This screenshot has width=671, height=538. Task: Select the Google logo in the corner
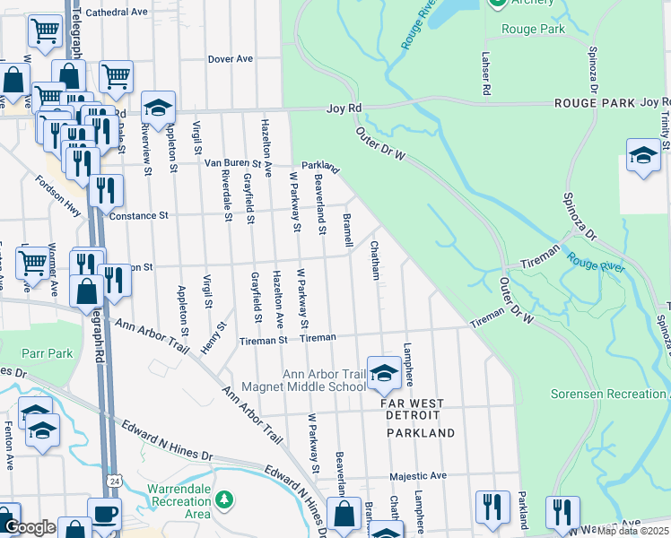click(29, 527)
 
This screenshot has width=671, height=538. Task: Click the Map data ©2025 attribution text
click(632, 531)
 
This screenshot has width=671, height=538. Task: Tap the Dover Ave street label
click(231, 59)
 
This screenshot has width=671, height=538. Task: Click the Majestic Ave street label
click(417, 476)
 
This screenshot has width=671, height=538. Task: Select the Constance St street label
click(138, 216)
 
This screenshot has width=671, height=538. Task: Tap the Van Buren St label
click(231, 163)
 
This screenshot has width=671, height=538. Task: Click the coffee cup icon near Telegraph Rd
click(103, 515)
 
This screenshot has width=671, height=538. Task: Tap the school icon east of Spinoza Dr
click(643, 156)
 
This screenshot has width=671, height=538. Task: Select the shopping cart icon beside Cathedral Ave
click(44, 32)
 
